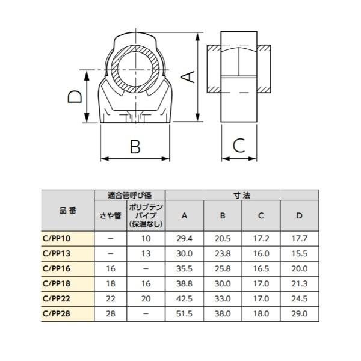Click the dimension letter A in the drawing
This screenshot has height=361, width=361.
[x=188, y=76]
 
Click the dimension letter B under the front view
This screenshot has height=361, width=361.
[x=135, y=146]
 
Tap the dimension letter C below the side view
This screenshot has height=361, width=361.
[x=239, y=146]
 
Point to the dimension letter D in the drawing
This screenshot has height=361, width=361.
[x=75, y=97]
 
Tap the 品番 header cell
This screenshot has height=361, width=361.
[x=67, y=211]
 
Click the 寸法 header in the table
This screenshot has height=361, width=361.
[x=241, y=195]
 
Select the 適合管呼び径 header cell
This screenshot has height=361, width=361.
[x=129, y=195]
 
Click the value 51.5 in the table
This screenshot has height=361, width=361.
[x=184, y=313]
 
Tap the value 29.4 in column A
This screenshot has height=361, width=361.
[x=184, y=238]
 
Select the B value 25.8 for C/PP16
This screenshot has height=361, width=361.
[x=223, y=268]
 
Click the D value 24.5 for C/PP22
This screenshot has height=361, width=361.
[x=300, y=298]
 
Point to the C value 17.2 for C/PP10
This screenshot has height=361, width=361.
[x=261, y=238]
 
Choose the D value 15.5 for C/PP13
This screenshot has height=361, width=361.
[x=300, y=253]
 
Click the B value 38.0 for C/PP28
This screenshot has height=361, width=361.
[x=223, y=313]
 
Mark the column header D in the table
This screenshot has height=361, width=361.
[x=300, y=216]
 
